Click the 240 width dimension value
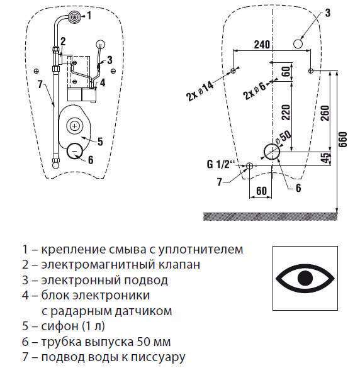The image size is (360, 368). click(262, 45)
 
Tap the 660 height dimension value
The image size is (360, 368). click(343, 140)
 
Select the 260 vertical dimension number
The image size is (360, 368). click(325, 113)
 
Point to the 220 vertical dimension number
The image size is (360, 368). click(286, 113)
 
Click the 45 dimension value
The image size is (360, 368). click(325, 158)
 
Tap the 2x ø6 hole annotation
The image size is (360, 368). click(255, 91)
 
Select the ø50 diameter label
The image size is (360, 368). click(283, 137)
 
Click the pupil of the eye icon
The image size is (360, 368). click(305, 278)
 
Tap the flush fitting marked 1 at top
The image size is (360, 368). click(75, 16)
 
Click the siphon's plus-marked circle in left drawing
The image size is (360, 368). click(75, 126)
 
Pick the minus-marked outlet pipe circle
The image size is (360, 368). click(74, 151)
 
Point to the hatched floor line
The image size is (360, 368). click(270, 216)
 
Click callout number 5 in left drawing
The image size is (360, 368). click(100, 142)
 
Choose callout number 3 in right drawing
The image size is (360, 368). click(328, 13)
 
